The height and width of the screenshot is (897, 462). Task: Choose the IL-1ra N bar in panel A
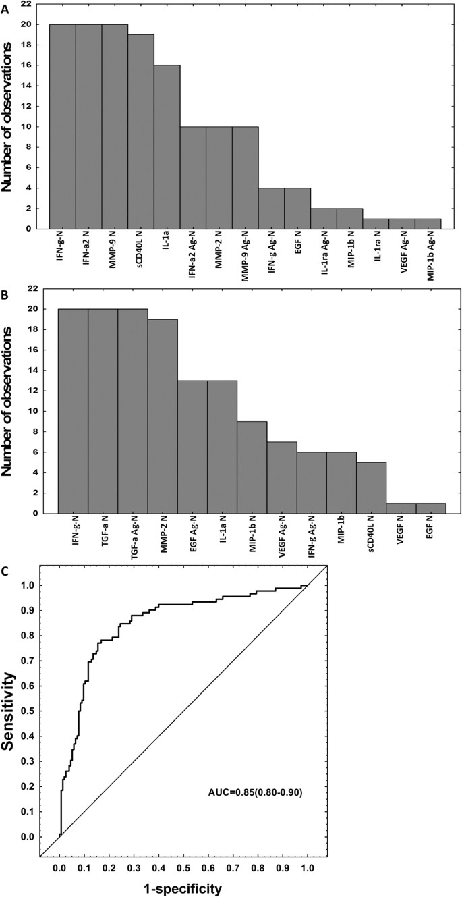click(376, 223)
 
